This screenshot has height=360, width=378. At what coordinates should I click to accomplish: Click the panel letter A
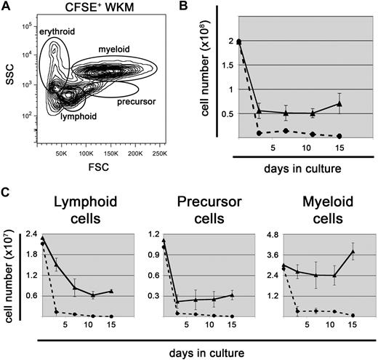(x=7, y=7)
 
